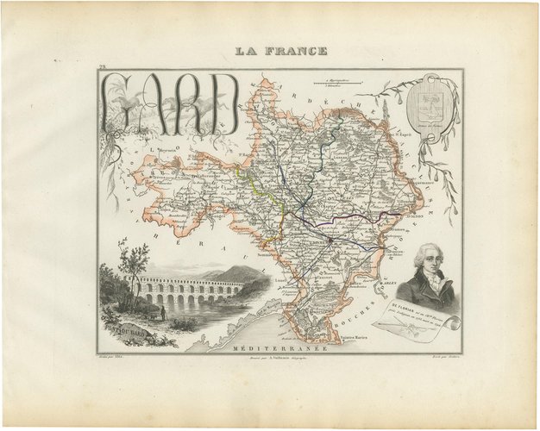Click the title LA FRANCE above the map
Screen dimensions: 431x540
pos(283,52)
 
